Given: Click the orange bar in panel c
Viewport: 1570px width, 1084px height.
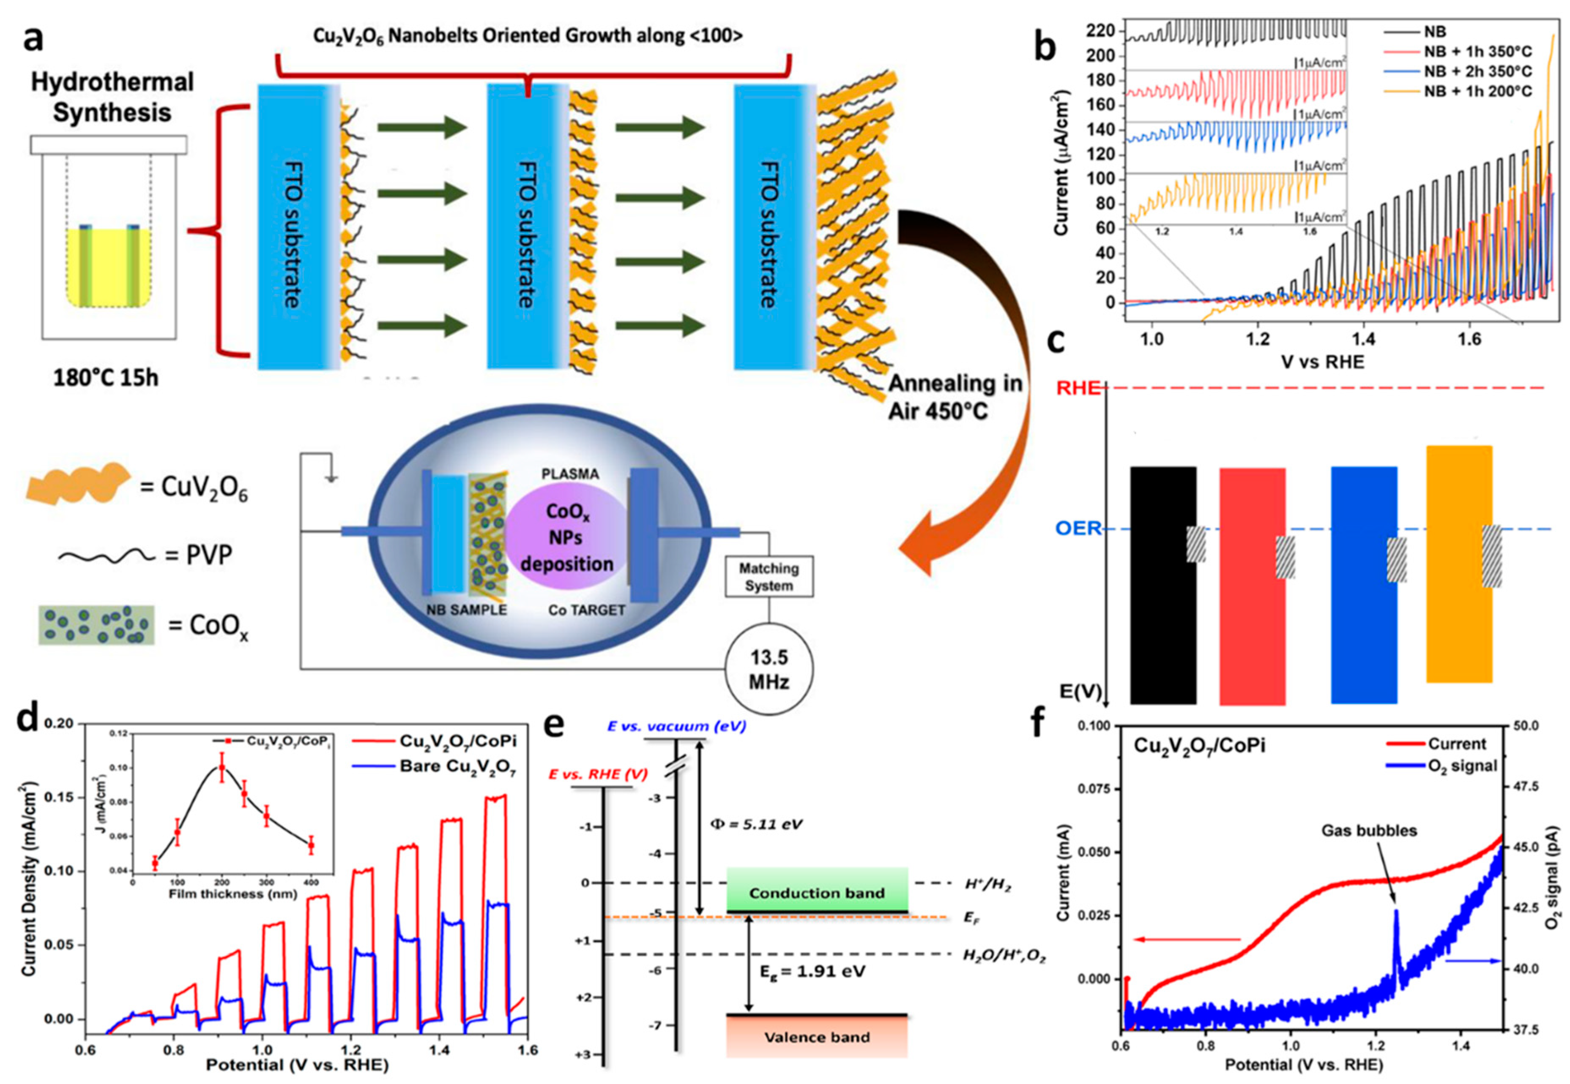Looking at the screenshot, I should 1459,564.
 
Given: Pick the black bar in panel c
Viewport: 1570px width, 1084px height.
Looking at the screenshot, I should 1163,584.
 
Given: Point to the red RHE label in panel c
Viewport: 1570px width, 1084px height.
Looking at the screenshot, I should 1078,388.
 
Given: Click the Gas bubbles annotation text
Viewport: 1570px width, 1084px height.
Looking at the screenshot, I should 1369,831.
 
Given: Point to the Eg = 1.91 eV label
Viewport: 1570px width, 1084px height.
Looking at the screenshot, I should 812,971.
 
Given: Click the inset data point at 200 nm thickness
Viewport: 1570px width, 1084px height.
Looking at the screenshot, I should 222,768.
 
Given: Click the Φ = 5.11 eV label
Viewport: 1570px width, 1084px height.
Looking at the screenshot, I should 756,824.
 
